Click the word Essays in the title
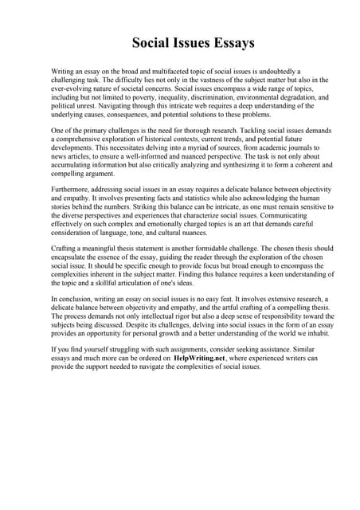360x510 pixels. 210,42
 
